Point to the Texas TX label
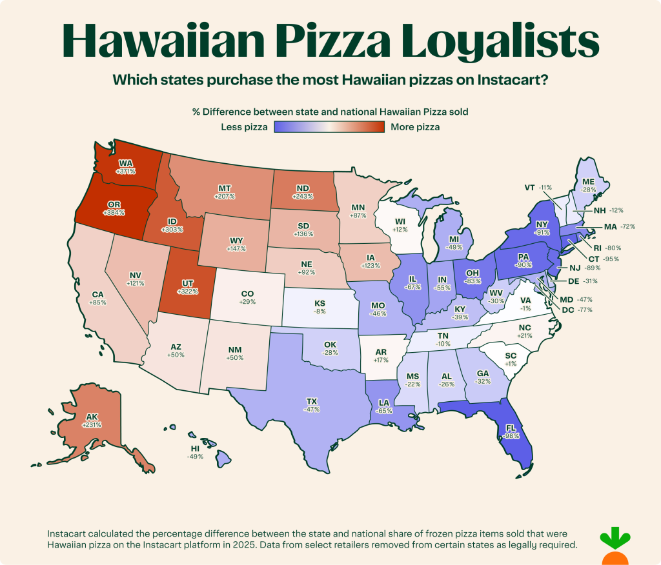[x=312, y=401]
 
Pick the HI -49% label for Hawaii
[x=194, y=451]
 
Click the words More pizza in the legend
[x=415, y=127]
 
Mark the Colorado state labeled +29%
[x=247, y=297]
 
